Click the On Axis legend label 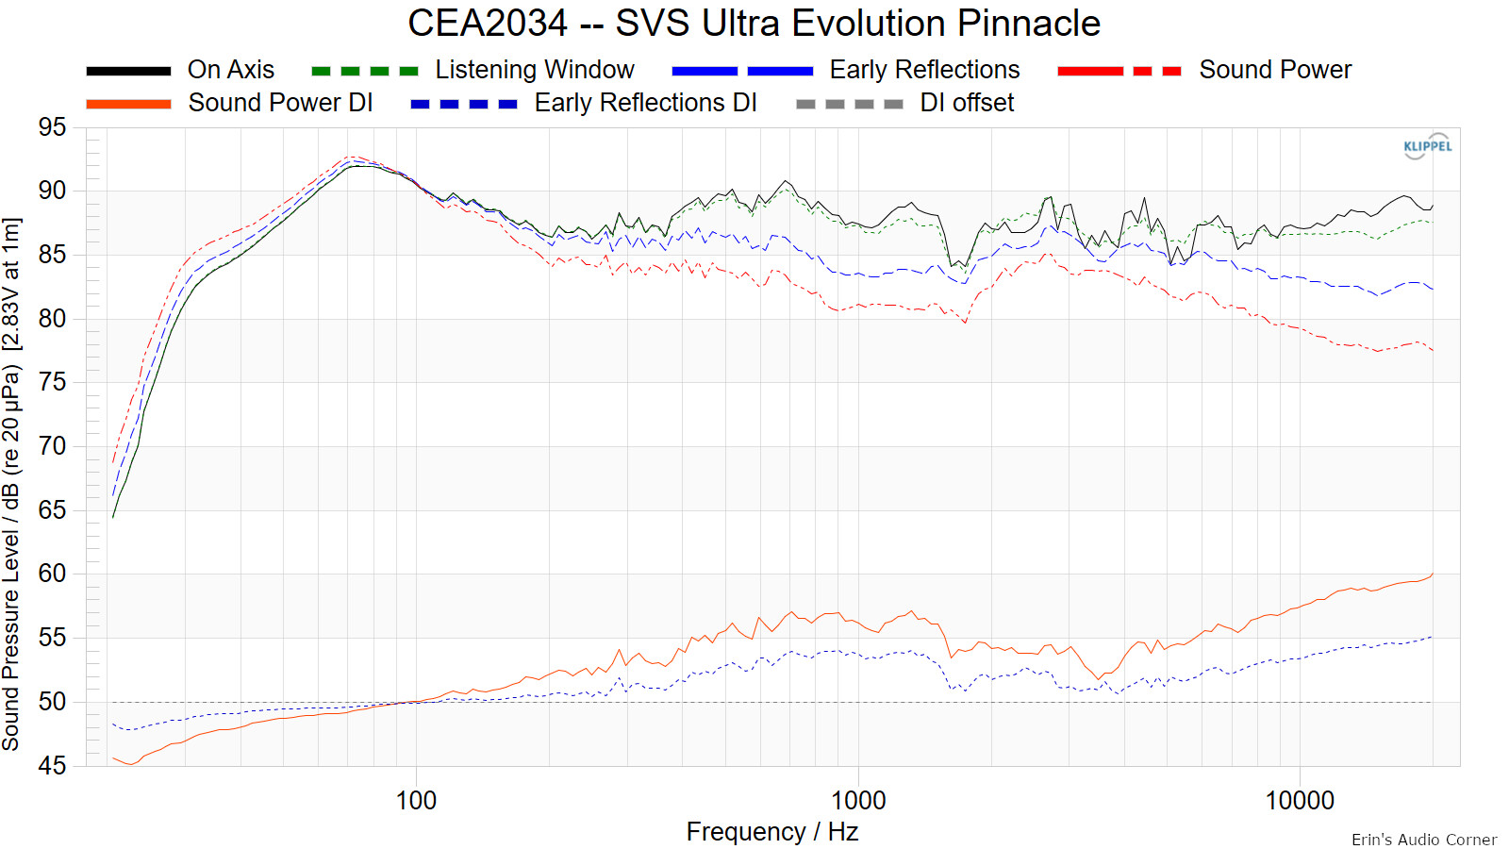(231, 70)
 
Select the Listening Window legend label (534, 70)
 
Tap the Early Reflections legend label (924, 70)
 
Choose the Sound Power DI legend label (280, 103)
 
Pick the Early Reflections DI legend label (645, 103)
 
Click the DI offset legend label (967, 103)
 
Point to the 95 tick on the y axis (53, 127)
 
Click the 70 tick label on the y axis (53, 446)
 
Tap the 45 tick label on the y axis (53, 765)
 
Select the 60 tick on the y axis (53, 574)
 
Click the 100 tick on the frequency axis (416, 801)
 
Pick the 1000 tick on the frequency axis (858, 801)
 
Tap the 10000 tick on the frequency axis (1300, 801)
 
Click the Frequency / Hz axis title (771, 832)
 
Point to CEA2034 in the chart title (488, 24)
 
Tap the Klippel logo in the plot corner (1427, 146)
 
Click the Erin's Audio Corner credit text (1423, 840)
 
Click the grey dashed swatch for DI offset (849, 104)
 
